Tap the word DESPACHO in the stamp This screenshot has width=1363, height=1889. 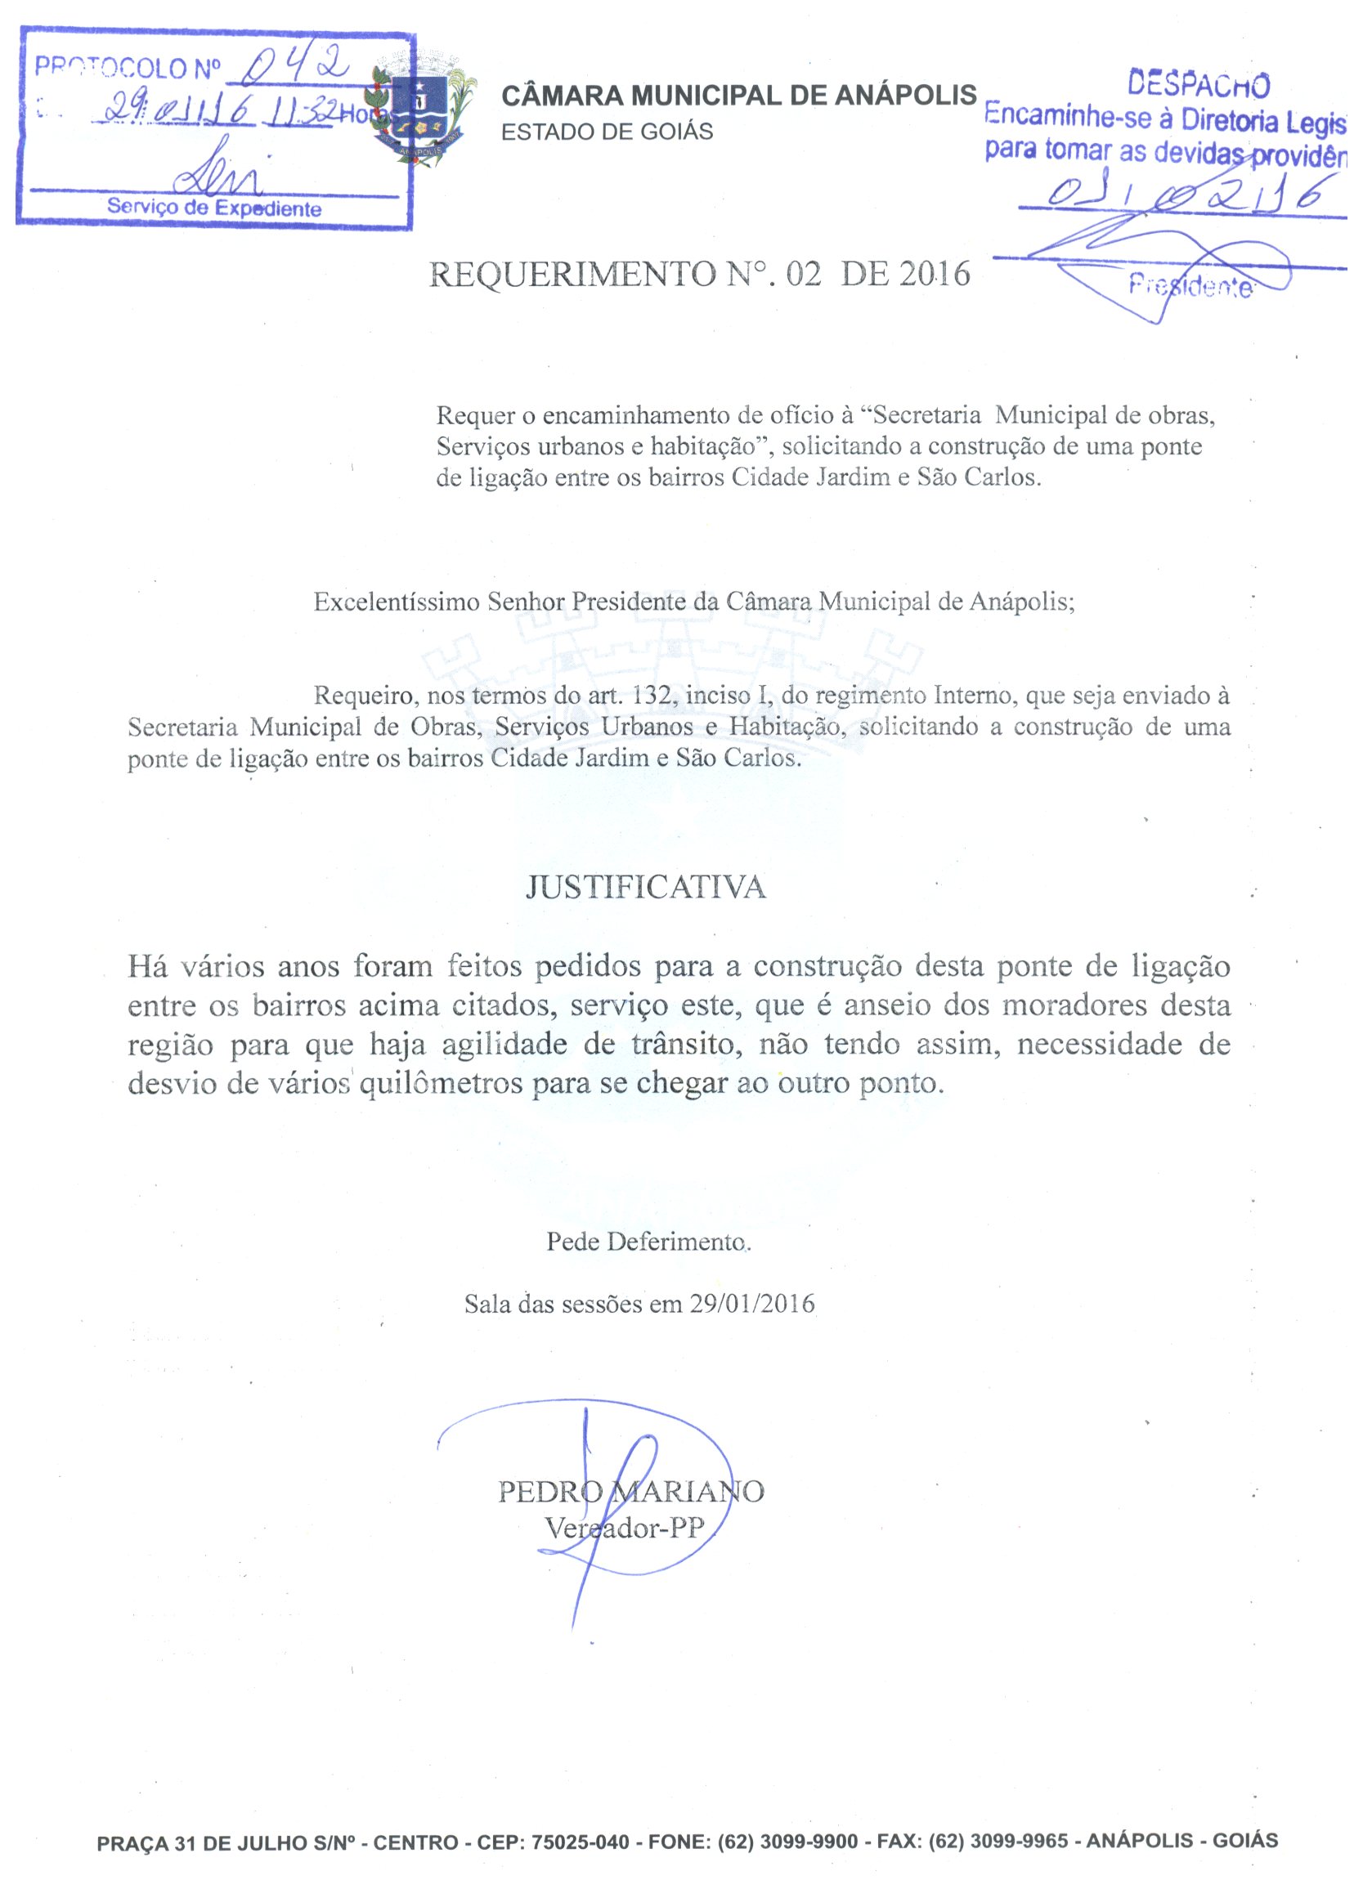[1198, 84]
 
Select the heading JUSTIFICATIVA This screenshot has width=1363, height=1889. [646, 887]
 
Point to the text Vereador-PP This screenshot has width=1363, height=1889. [624, 1528]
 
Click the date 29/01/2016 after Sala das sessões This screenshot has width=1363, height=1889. [751, 1304]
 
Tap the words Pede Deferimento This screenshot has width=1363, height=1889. [648, 1242]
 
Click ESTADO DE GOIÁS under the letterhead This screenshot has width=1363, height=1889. [607, 132]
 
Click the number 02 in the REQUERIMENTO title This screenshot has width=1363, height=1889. [803, 273]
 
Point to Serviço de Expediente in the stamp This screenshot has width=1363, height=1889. [214, 208]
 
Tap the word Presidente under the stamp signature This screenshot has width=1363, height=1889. [1190, 287]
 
